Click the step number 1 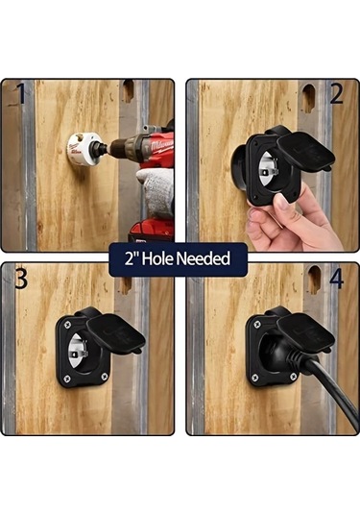21,93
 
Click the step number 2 336,94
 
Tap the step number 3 21,279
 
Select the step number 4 336,279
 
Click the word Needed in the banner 204,258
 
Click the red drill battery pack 151,231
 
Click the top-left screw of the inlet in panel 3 67,325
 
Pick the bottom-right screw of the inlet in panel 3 105,376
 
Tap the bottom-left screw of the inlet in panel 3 66,378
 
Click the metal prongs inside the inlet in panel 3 81,350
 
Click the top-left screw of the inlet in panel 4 257,324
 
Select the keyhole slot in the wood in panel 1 129,91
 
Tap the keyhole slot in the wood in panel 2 308,98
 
